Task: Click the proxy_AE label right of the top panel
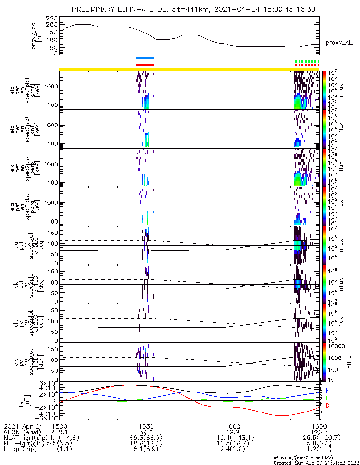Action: click(339, 42)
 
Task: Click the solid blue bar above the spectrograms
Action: click(145, 58)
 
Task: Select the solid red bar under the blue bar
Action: click(145, 65)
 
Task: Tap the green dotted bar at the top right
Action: click(308, 61)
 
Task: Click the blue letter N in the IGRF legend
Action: click(327, 391)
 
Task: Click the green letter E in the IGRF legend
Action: click(327, 399)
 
